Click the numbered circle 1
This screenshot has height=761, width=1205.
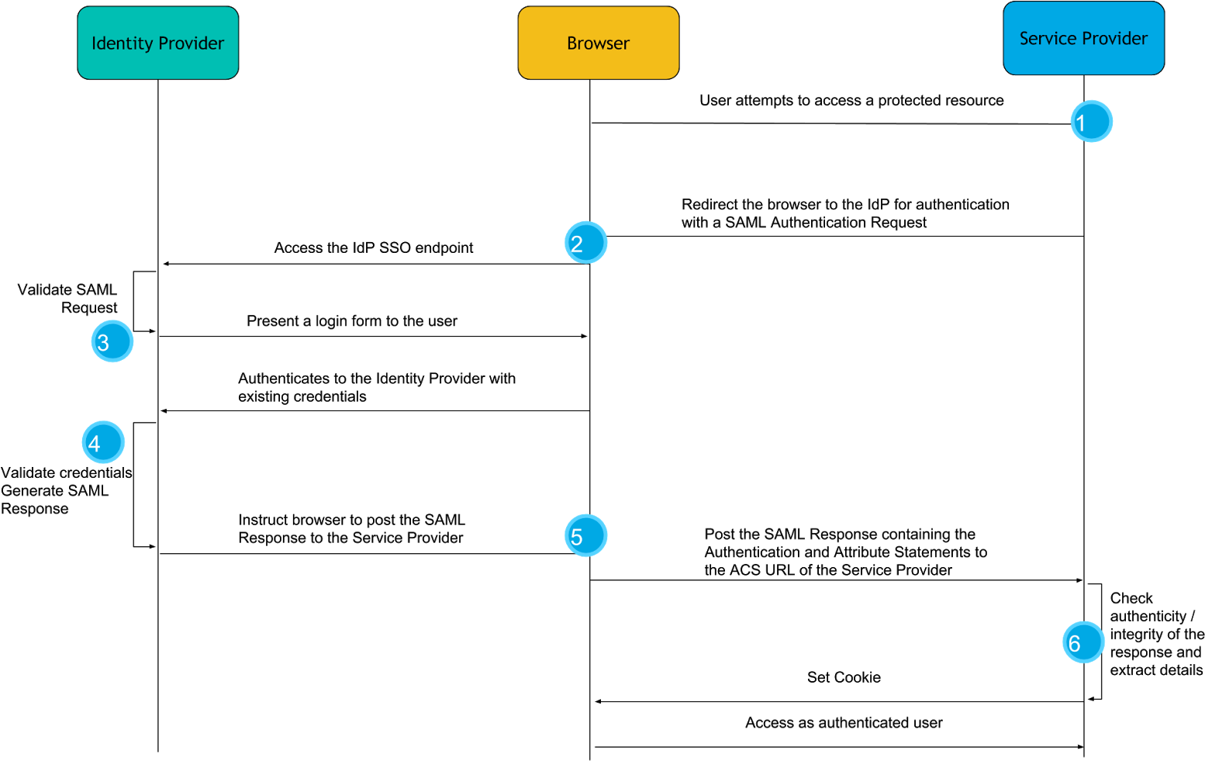1091,122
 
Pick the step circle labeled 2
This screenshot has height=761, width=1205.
585,243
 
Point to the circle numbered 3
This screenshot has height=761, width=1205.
112,341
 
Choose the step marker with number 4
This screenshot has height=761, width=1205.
103,442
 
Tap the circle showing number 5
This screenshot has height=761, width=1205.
585,535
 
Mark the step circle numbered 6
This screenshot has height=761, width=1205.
1083,642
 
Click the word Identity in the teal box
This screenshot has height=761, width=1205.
119,43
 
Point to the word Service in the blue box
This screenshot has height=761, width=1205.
1046,39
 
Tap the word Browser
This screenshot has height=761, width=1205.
598,43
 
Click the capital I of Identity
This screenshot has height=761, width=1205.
94,43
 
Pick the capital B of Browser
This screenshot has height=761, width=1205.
571,43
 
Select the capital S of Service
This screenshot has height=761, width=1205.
1024,39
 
